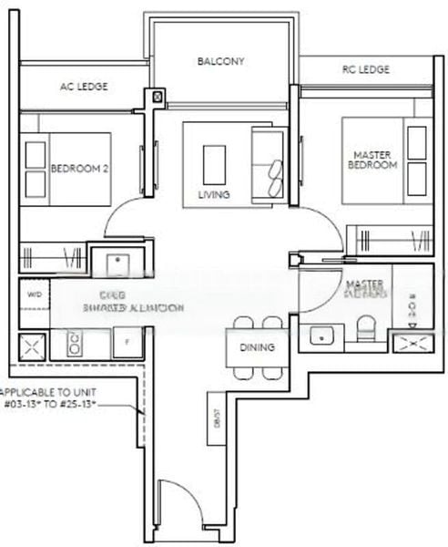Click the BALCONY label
pos(220,62)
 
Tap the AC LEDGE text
pos(84,87)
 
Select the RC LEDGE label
pos(366,69)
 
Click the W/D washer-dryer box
pos(35,294)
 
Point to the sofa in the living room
pos(269,163)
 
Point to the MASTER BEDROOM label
pos(373,160)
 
